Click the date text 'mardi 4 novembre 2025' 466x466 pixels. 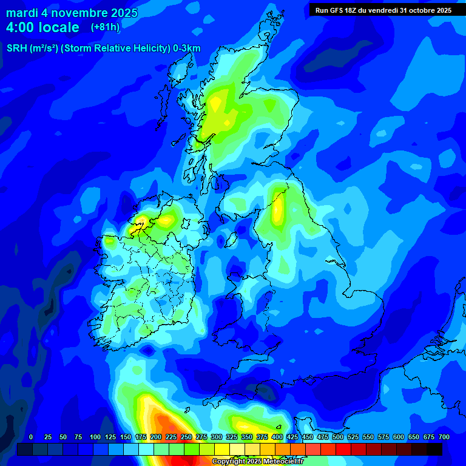pyautogui.click(x=72, y=13)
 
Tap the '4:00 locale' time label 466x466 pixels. pyautogui.click(x=42, y=27)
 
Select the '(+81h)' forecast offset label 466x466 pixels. pyautogui.click(x=104, y=27)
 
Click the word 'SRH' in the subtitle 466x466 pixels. pyautogui.click(x=16, y=49)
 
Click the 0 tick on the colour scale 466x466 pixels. pyautogui.click(x=31, y=437)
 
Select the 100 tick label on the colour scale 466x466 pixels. pyautogui.click(x=95, y=437)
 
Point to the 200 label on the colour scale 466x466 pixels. pyautogui.click(x=155, y=437)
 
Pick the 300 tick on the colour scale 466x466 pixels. pyautogui.click(x=216, y=437)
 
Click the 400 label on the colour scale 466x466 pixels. pyautogui.click(x=277, y=437)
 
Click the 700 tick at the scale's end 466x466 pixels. pyautogui.click(x=444, y=437)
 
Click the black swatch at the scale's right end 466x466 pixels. pyautogui.click(x=434, y=449)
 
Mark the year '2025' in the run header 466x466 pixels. pyautogui.click(x=440, y=10)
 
